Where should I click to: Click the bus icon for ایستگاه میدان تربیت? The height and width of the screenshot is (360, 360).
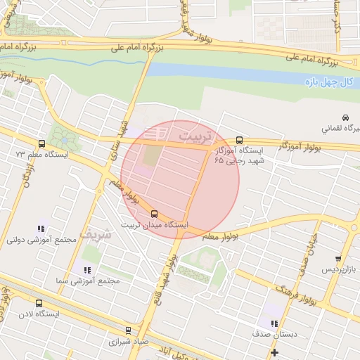coord(155,213)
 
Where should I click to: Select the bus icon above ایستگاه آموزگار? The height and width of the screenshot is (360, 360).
coord(240,139)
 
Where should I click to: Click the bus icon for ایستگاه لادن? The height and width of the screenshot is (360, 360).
coord(38,304)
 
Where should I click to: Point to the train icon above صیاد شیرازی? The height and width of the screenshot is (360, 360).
coord(128,329)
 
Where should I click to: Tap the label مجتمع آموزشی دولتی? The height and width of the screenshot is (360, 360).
coord(41,240)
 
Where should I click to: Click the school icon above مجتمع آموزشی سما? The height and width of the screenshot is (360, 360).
coord(87,269)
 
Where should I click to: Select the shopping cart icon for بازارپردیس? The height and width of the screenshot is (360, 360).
coord(338,259)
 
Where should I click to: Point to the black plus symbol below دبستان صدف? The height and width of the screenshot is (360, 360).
coord(274,352)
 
